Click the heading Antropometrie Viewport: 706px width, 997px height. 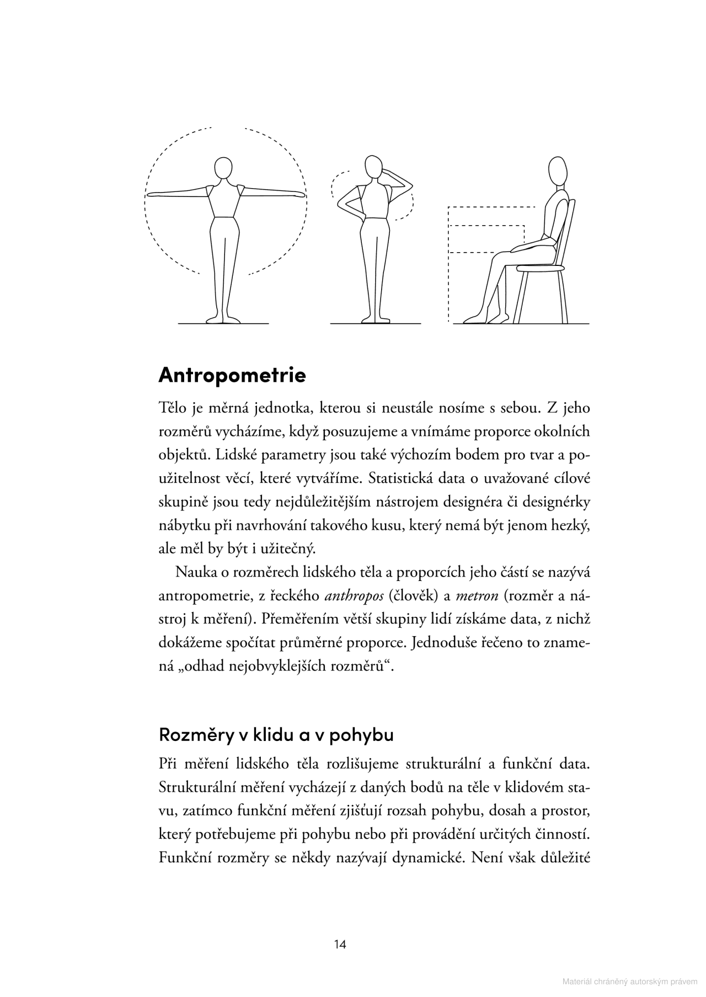(232, 375)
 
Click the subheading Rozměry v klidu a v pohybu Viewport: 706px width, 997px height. (276, 735)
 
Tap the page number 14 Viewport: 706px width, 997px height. (340, 944)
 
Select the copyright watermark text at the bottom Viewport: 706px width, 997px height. (629, 982)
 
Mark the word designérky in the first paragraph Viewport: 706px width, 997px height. (556, 502)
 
